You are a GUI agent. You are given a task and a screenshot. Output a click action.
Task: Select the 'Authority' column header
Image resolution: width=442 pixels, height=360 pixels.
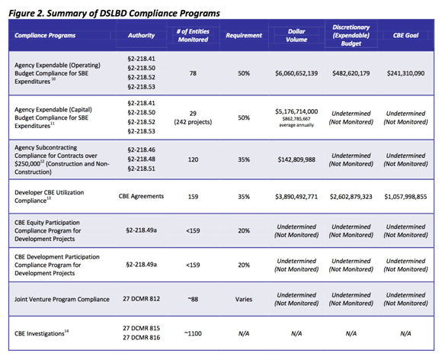(x=141, y=35)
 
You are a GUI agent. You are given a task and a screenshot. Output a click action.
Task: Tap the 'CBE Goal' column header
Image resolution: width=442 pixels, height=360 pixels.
(x=405, y=35)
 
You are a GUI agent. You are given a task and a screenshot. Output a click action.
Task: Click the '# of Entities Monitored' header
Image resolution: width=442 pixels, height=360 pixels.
(x=193, y=36)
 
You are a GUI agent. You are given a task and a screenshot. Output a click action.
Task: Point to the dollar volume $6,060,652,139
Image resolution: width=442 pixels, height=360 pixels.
(x=296, y=73)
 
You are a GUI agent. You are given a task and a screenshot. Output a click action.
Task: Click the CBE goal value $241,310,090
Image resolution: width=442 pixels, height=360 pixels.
(x=405, y=73)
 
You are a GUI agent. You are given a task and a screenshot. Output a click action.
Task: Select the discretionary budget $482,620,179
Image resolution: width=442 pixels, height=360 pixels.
(x=351, y=73)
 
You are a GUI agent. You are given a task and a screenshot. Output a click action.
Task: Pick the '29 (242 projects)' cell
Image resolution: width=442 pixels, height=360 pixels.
(x=193, y=117)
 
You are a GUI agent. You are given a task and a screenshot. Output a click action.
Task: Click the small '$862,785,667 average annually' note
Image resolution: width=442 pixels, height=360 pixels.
(x=296, y=122)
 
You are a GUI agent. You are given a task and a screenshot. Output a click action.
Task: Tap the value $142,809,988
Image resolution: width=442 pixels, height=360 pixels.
(x=296, y=159)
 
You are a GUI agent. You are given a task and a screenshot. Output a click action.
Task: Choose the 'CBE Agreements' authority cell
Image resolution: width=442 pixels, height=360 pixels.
(x=141, y=196)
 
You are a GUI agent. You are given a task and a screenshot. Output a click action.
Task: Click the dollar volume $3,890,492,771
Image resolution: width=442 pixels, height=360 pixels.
(x=296, y=197)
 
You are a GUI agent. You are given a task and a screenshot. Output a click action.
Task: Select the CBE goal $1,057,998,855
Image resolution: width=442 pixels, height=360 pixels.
(x=405, y=197)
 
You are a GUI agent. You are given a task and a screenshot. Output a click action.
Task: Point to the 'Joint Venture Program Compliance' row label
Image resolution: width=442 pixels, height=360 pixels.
(x=62, y=299)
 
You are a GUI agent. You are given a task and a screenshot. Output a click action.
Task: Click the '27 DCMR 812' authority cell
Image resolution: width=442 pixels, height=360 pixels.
(x=141, y=298)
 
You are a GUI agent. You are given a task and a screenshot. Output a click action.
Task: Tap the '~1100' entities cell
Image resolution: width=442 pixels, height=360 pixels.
(x=193, y=333)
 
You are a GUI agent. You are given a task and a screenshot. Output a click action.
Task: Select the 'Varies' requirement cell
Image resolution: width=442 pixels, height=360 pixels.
(x=244, y=299)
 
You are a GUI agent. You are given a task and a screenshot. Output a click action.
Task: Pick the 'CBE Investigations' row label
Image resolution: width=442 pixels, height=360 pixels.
(x=41, y=333)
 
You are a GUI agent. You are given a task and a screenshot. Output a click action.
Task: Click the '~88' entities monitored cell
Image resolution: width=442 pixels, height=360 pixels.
(x=193, y=299)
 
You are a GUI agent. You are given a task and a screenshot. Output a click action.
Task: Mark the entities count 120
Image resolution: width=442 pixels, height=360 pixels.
(x=193, y=159)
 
